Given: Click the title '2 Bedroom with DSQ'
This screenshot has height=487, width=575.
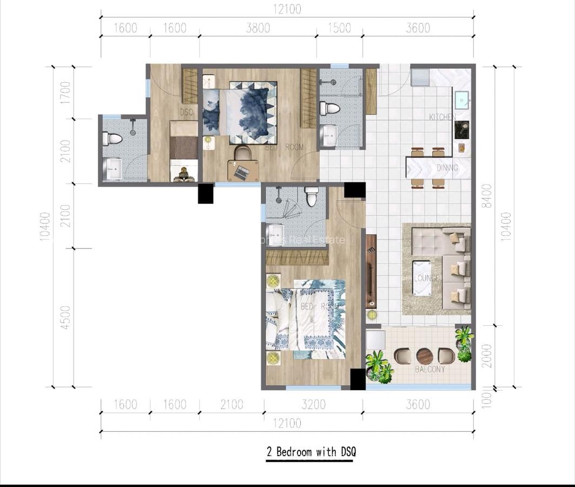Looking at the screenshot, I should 311,452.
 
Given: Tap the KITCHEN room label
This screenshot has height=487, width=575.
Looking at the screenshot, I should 442,117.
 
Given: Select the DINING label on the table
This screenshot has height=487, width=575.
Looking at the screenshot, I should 447,168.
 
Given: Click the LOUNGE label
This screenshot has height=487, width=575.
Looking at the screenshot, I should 427,278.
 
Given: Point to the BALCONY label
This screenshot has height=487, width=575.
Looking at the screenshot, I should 430,369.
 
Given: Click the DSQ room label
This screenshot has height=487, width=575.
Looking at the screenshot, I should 187,111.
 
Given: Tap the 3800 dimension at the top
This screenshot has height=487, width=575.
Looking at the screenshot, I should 257,28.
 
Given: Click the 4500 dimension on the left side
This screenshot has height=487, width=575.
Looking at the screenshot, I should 65,318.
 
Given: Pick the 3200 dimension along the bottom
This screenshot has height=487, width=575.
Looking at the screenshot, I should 314,405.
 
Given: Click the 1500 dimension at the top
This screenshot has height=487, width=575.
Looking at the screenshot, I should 339,28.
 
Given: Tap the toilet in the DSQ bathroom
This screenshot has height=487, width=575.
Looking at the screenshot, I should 113,139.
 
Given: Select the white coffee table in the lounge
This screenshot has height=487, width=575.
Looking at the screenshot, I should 421,278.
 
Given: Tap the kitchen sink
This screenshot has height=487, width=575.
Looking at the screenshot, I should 461,100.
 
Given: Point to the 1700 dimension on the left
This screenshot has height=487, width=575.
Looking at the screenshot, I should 65,93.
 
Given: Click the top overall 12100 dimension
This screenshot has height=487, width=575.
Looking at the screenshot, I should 287,9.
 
